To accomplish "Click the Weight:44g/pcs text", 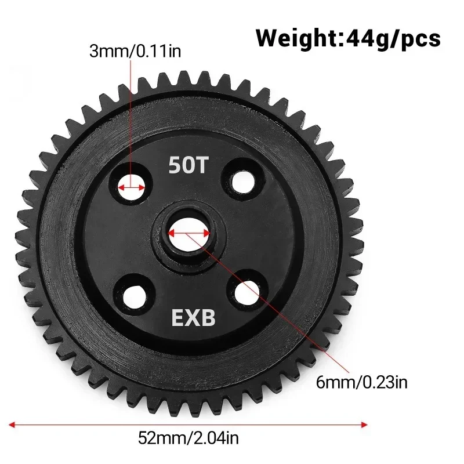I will [x=348, y=39].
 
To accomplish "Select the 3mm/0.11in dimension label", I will [x=135, y=52].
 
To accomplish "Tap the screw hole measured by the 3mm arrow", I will [x=132, y=187].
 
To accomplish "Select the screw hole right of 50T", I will [x=243, y=180].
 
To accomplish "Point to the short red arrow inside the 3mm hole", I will [x=132, y=187].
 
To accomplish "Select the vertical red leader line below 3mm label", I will [x=132, y=116].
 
